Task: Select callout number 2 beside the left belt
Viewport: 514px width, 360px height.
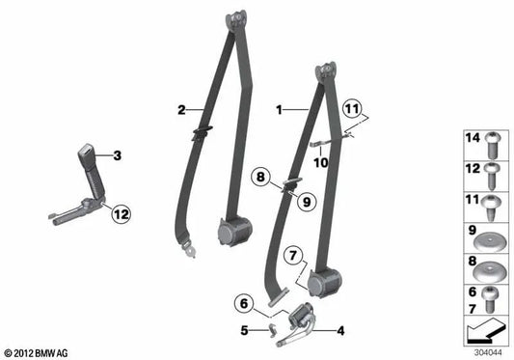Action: point(180,109)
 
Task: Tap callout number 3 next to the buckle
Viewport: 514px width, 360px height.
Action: point(117,154)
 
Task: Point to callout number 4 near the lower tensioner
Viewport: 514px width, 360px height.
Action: point(340,330)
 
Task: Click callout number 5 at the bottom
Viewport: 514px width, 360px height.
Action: point(244,330)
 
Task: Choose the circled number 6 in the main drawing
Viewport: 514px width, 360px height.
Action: point(244,302)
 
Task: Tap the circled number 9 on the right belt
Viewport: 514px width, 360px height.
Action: point(306,202)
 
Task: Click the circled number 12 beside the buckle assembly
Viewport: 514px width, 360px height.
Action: point(119,213)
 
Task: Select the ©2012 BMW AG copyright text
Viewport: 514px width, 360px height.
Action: point(36,353)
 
